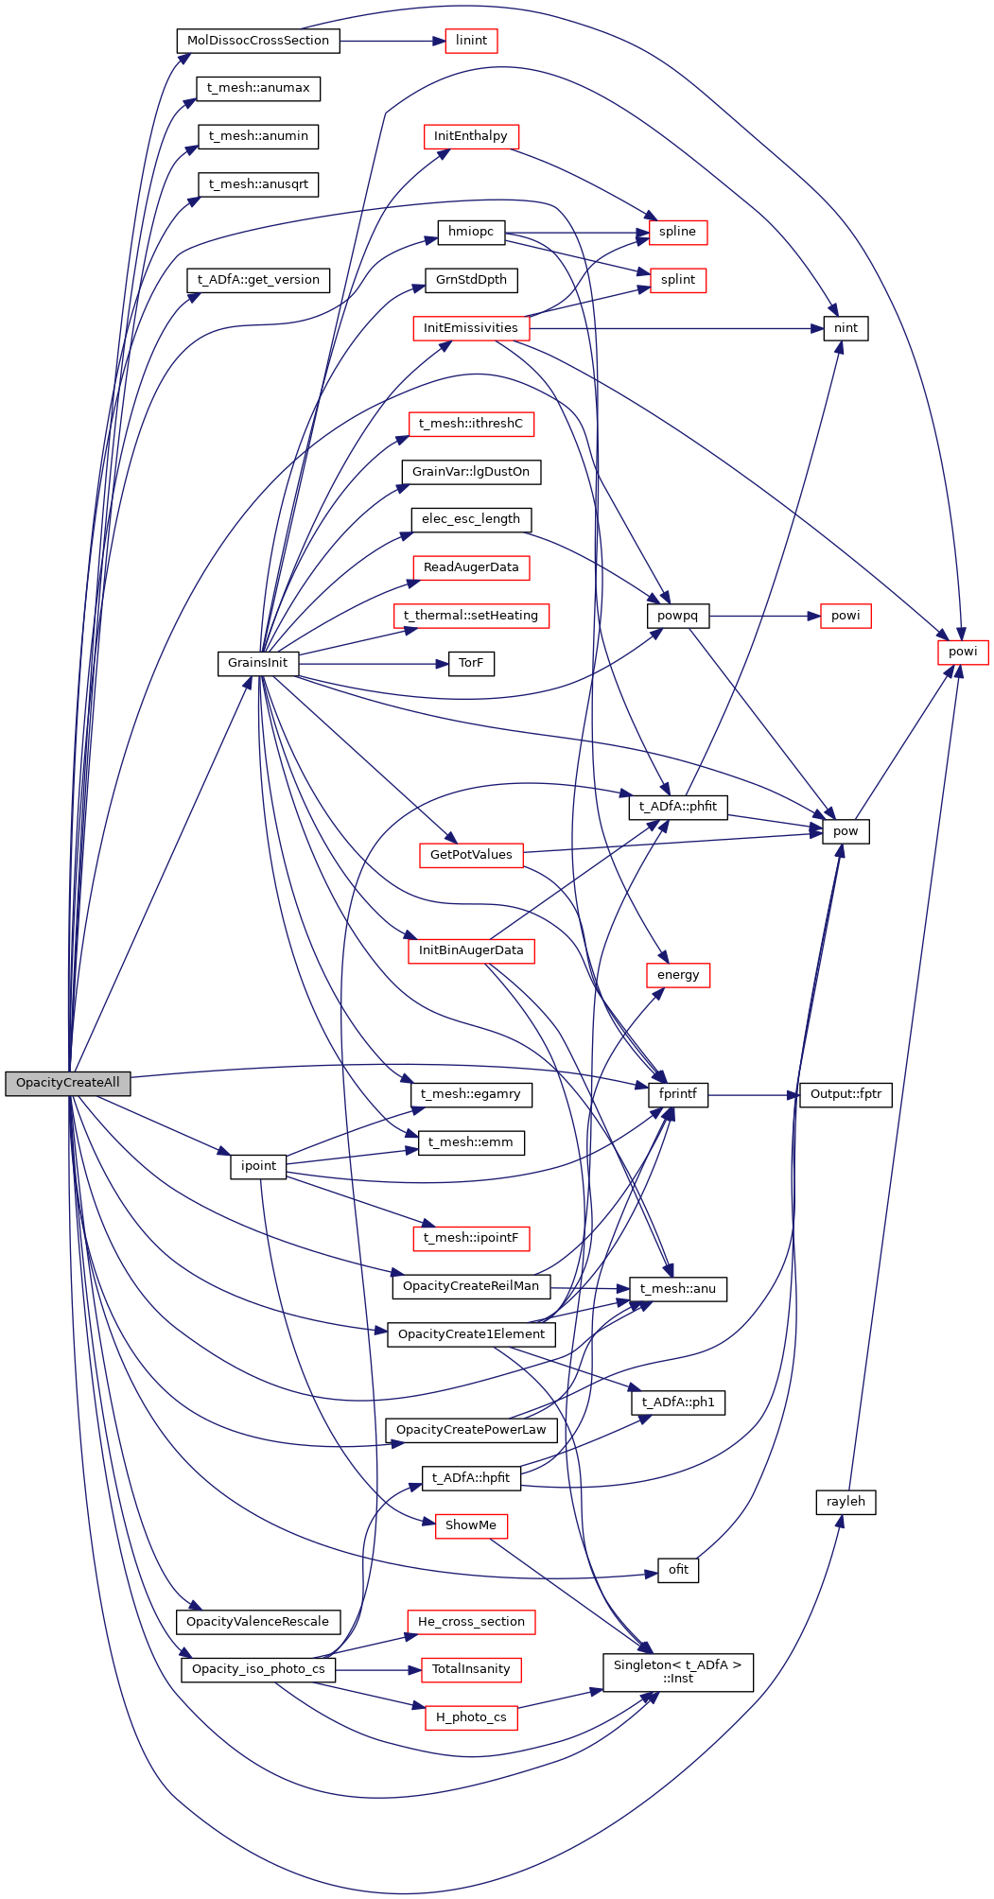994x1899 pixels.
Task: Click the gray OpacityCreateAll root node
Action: click(67, 1083)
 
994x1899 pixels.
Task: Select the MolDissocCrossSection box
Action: click(257, 41)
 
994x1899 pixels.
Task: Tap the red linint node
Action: click(471, 41)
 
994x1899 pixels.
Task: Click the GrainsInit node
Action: click(257, 663)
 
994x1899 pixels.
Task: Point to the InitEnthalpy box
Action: click(470, 136)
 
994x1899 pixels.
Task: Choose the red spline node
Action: click(677, 232)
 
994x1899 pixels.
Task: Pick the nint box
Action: click(846, 328)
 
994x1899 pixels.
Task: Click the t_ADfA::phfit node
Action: click(677, 807)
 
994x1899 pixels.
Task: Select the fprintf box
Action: click(677, 1094)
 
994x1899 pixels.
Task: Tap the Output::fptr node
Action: click(845, 1094)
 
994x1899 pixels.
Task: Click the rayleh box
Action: click(845, 1502)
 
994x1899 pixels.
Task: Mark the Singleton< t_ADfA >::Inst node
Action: click(677, 1672)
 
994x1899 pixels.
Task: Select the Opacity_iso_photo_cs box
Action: click(257, 1669)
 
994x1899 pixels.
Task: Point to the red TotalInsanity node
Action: click(470, 1669)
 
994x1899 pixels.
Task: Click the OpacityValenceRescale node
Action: click(257, 1622)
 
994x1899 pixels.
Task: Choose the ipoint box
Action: click(257, 1166)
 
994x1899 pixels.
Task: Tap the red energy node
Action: click(677, 975)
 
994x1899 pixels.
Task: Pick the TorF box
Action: click(470, 663)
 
